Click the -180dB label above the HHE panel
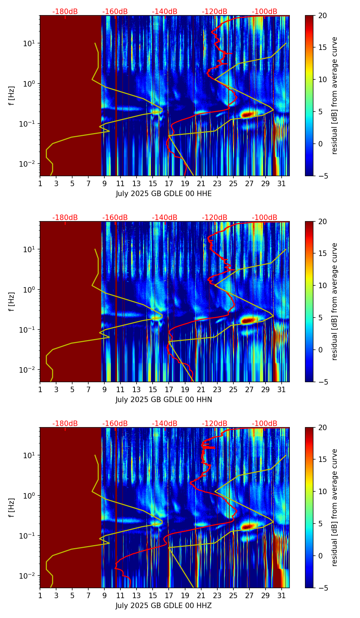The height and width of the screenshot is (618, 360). click(65, 12)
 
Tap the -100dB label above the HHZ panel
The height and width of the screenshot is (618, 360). click(265, 424)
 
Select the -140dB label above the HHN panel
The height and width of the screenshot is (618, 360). click(165, 218)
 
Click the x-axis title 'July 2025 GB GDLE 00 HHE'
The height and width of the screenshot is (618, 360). click(164, 194)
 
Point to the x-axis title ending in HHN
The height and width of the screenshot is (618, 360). click(164, 400)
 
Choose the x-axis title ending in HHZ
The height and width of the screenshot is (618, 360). click(164, 606)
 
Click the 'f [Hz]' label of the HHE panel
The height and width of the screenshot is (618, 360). click(12, 96)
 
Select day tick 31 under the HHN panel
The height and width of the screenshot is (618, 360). click(281, 389)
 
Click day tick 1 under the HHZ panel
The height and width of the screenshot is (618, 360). click(40, 595)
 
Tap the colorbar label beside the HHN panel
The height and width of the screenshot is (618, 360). click(335, 301)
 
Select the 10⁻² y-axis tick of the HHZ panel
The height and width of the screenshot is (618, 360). click(29, 576)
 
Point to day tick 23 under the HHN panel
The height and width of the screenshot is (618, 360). click(217, 389)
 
